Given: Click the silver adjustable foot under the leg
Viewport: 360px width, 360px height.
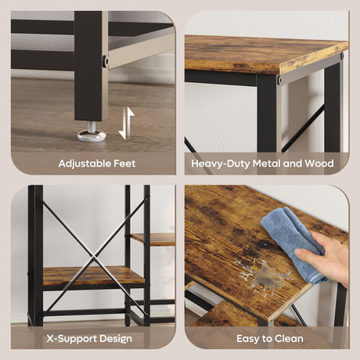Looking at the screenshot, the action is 92,133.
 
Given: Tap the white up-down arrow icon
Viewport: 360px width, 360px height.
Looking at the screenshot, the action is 127,124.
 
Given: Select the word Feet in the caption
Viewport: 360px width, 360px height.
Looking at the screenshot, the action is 124,164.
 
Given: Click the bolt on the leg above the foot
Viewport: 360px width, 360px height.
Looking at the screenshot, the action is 105,61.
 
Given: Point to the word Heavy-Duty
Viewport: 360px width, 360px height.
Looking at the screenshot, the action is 221,164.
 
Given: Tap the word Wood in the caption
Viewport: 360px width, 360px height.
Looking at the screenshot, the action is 319,164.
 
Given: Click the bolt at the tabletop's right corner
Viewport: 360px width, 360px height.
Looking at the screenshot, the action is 342,56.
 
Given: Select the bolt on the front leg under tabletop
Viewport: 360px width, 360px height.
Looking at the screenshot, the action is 279,80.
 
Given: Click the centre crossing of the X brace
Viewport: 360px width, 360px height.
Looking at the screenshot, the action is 94,257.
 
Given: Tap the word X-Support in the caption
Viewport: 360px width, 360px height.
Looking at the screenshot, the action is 71,339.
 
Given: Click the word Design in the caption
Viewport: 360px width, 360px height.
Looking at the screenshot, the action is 115,339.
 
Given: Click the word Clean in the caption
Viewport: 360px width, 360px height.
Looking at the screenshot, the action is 289,339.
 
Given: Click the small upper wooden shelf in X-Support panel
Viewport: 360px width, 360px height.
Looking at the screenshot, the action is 153,239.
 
